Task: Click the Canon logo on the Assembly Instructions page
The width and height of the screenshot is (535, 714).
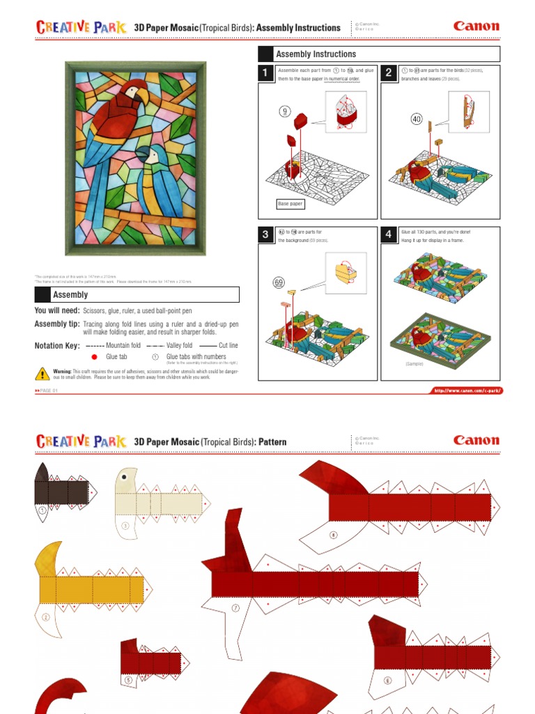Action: click(476, 26)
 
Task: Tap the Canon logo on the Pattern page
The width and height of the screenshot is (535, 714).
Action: click(476, 440)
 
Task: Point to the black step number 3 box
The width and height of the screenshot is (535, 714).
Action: click(265, 235)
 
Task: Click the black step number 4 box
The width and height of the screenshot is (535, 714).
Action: click(388, 235)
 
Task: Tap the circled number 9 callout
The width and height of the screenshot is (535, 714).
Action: click(284, 111)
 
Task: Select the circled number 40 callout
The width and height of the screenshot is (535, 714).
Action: click(417, 119)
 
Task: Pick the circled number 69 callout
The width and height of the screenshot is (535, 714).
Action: click(279, 282)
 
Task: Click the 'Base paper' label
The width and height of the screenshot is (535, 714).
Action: click(290, 204)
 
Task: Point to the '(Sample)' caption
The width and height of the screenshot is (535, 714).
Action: click(415, 364)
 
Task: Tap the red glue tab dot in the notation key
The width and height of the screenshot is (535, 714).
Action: click(94, 356)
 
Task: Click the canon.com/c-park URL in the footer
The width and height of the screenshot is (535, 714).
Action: click(467, 390)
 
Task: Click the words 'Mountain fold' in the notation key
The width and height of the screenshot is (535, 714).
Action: click(123, 345)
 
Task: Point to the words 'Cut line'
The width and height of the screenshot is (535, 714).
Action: click(228, 345)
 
